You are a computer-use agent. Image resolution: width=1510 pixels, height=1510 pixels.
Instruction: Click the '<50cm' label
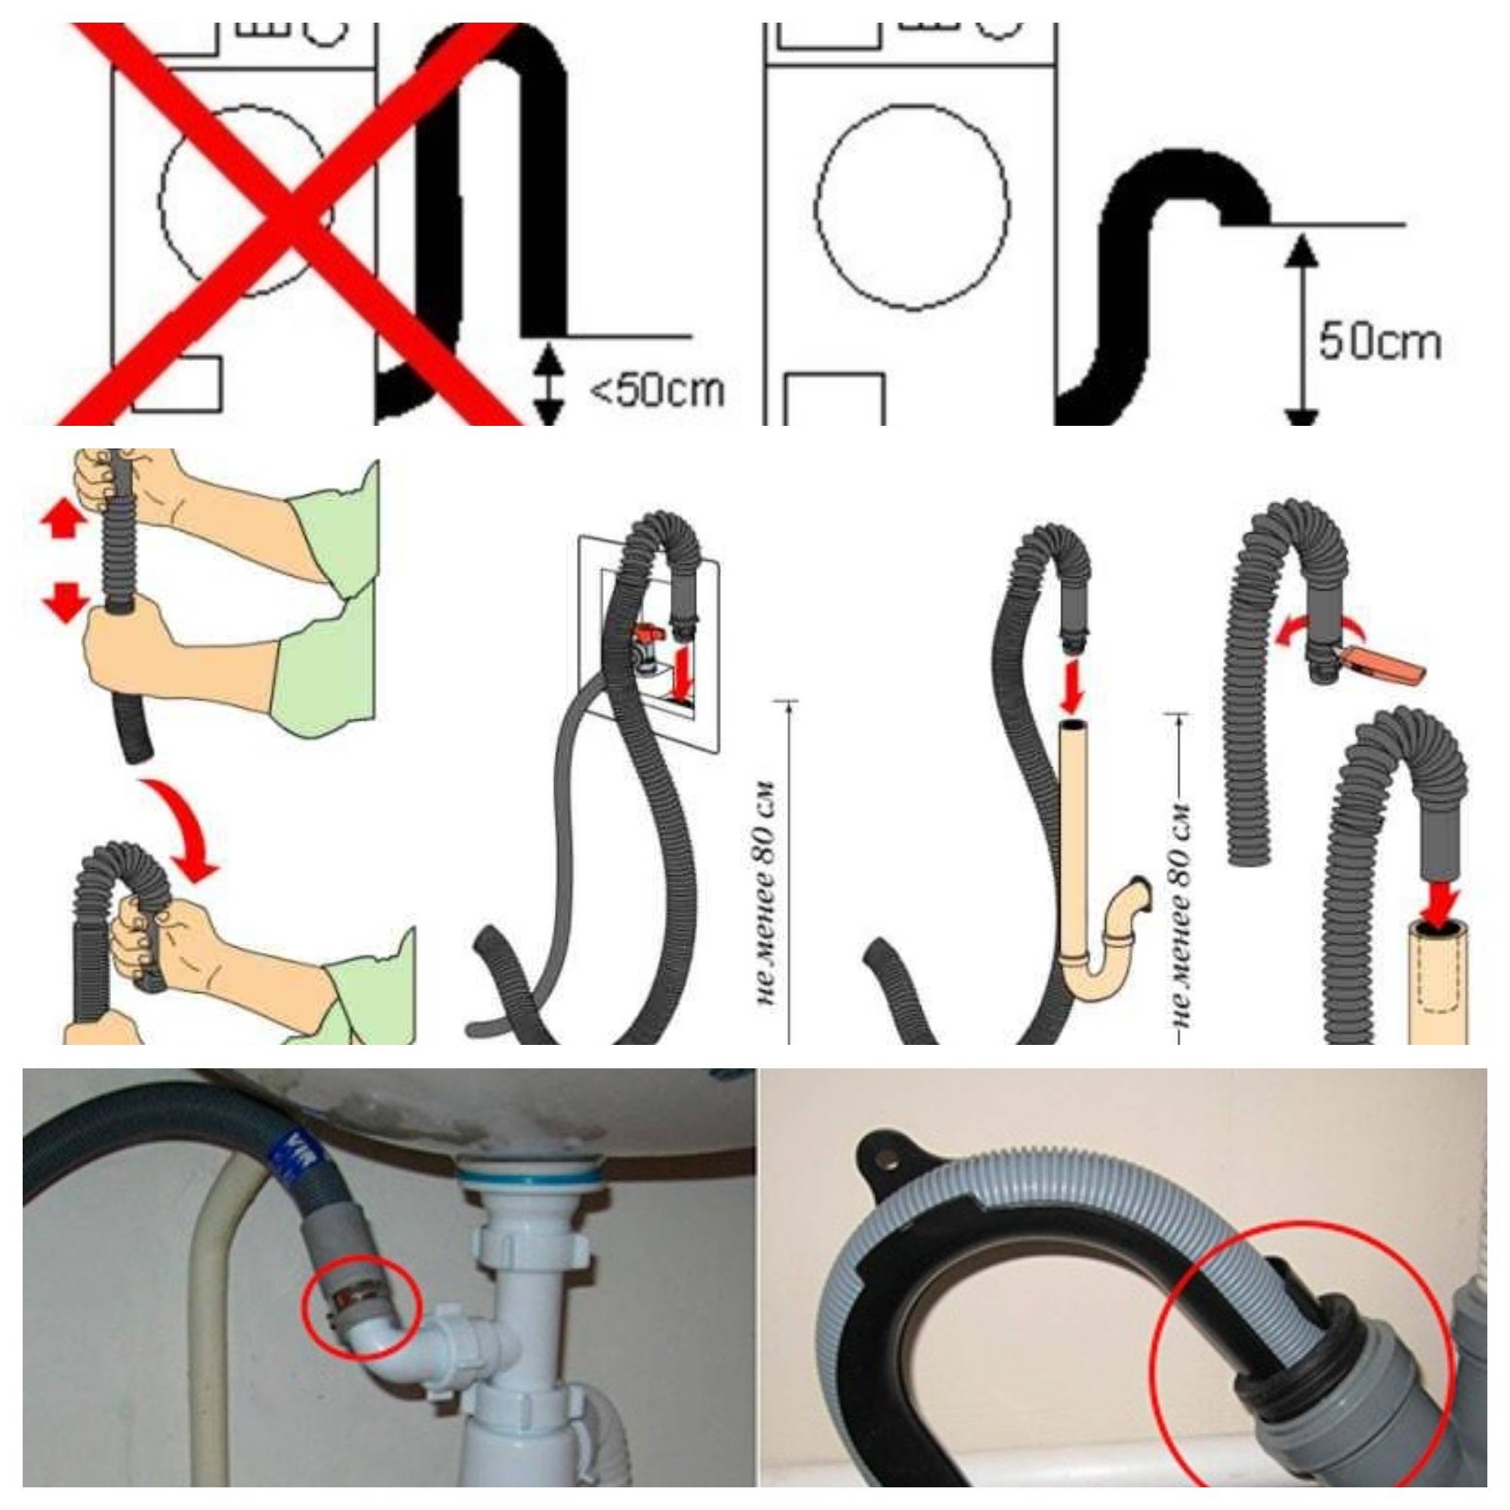click(655, 390)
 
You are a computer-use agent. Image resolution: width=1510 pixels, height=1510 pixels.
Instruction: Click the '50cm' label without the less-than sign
click(1379, 342)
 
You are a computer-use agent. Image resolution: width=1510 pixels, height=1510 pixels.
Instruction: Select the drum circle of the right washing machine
click(912, 207)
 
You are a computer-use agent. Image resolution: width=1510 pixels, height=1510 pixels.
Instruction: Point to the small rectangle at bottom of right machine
click(835, 399)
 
